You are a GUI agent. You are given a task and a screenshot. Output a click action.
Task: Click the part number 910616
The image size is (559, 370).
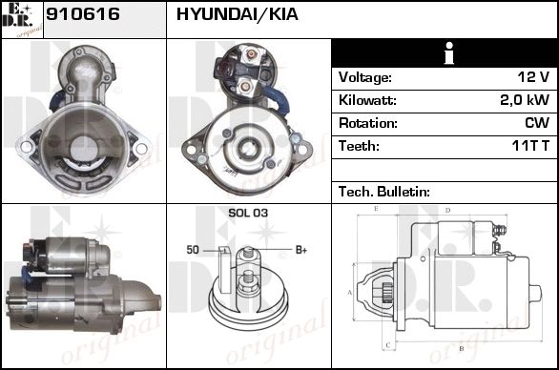click(x=83, y=14)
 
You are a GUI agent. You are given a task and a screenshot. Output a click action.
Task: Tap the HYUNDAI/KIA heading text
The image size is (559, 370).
click(x=238, y=14)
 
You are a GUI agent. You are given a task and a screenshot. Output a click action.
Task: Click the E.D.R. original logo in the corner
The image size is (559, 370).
click(x=22, y=20)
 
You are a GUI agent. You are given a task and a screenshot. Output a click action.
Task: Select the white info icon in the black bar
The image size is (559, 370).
click(x=449, y=53)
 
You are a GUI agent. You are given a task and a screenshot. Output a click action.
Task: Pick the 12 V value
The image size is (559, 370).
click(x=533, y=77)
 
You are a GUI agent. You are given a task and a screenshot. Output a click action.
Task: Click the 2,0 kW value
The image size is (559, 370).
click(x=525, y=100)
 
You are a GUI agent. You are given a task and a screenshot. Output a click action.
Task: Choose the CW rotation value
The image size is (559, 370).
click(x=537, y=123)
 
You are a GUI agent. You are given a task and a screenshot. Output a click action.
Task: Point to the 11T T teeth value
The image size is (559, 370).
click(x=530, y=146)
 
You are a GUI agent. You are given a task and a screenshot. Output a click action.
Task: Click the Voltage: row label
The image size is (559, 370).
click(x=365, y=77)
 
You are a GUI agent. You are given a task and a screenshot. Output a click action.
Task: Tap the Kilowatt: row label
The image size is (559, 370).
click(x=367, y=100)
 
